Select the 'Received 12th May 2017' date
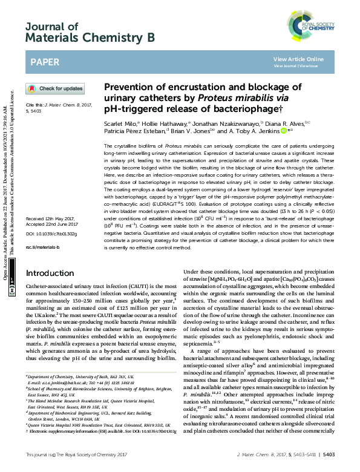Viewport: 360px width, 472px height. coord(54,150)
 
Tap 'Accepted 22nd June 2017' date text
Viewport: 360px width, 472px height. coord(56,156)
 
